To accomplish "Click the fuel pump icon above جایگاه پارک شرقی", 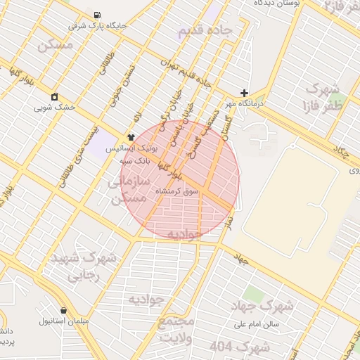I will click(x=96, y=15).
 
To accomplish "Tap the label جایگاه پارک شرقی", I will click(x=97, y=26).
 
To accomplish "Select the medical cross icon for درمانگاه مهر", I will click(x=244, y=93).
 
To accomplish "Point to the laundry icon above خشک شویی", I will click(x=55, y=97).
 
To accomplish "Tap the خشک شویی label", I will click(x=55, y=108).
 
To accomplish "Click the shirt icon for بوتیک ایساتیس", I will click(x=131, y=137).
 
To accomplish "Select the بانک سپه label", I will click(x=131, y=160).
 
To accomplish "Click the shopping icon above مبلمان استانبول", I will click(x=65, y=310).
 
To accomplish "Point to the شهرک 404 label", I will click(x=240, y=347).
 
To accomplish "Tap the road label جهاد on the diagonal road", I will click(x=242, y=259).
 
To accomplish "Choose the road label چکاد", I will click(x=341, y=152).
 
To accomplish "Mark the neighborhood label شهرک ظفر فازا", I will click(x=322, y=98).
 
